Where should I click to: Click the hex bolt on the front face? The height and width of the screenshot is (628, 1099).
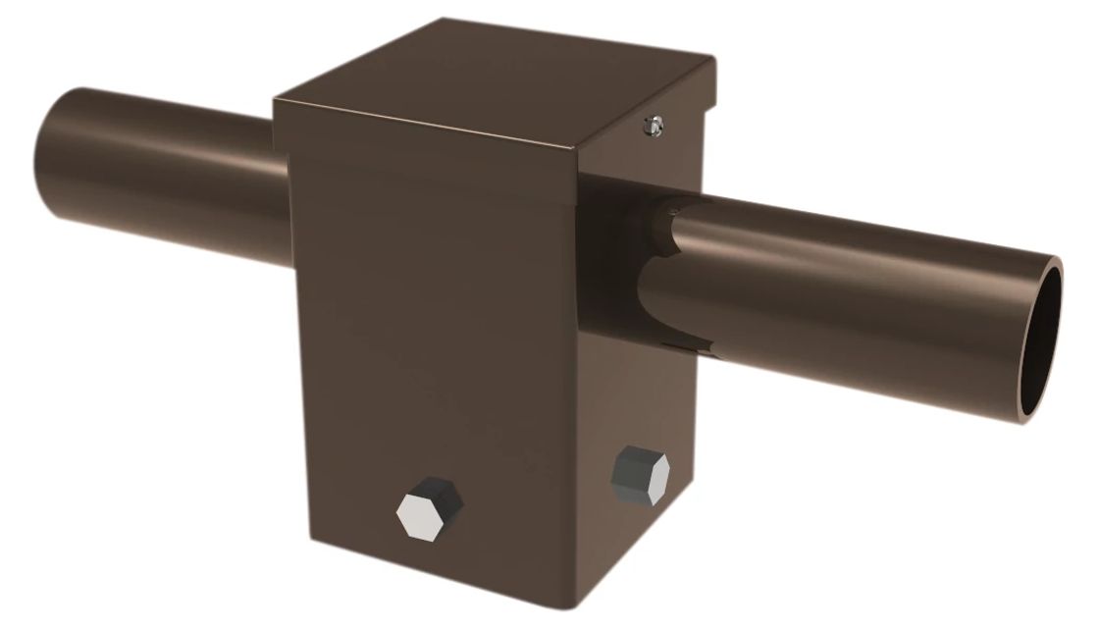pos(429,506)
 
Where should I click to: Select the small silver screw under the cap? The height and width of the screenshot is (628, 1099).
pos(649,125)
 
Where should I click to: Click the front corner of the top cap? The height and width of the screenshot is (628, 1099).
pos(574,150)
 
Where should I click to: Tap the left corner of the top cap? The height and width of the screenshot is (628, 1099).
pos(277,97)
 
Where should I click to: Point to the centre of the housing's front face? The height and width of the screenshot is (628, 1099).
pos(442,353)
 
